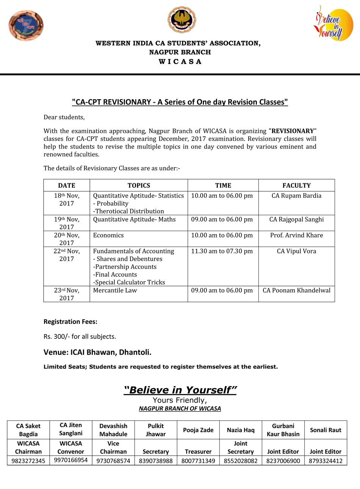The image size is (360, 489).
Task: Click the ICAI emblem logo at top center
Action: click(x=182, y=20)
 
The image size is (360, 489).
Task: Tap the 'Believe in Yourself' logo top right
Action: click(x=328, y=23)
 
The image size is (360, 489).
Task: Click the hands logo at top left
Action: click(x=26, y=25)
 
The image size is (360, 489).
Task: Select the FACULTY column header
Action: click(x=296, y=186)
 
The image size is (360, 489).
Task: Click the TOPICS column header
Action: click(x=139, y=186)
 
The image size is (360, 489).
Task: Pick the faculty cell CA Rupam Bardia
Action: click(x=296, y=196)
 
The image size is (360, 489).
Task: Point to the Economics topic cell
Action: click(x=108, y=235)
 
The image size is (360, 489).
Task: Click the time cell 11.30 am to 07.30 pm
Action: click(x=222, y=251)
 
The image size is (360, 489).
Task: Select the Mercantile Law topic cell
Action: click(x=115, y=291)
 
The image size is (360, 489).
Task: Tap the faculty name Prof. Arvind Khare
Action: click(x=296, y=235)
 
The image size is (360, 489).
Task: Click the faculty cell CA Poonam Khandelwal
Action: click(x=296, y=291)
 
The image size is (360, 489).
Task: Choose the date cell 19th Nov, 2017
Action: click(x=67, y=223)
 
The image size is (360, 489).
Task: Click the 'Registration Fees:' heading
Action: click(x=70, y=322)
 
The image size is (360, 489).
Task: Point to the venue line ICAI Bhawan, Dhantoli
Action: click(x=97, y=352)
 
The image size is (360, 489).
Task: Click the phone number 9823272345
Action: click(x=28, y=461)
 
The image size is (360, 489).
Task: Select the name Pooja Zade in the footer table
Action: click(x=198, y=430)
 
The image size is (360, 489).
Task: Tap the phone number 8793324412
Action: click(x=326, y=461)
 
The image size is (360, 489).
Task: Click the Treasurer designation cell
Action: click(x=198, y=452)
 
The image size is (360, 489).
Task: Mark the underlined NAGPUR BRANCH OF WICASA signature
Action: click(x=180, y=409)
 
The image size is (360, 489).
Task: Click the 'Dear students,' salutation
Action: click(x=64, y=117)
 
